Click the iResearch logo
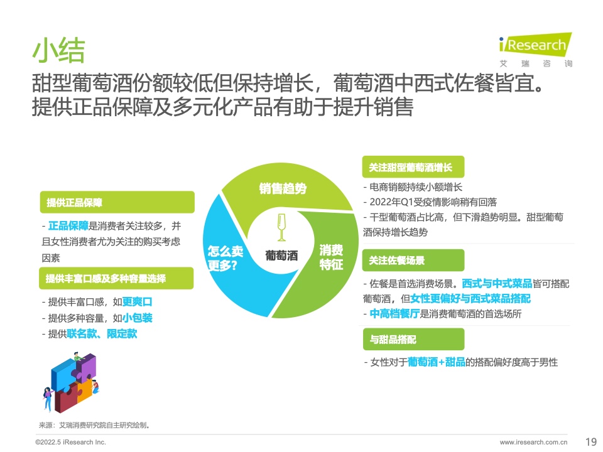(535, 50)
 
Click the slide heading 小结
(58, 50)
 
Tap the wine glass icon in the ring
(281, 227)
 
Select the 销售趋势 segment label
(283, 188)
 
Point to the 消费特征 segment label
(331, 257)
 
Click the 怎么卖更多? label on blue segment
(225, 258)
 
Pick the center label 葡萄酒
(281, 256)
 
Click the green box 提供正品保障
(117, 202)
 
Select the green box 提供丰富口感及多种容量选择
(116, 278)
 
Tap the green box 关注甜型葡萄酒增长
(413, 167)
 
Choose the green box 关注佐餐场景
(413, 260)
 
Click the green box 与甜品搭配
(413, 339)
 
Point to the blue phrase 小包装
(138, 318)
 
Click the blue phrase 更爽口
(138, 302)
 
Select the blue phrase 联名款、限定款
(102, 333)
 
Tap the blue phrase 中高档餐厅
(394, 314)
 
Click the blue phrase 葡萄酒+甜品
(437, 362)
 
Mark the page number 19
(590, 441)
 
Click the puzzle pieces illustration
(71, 382)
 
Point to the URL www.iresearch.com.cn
(533, 442)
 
